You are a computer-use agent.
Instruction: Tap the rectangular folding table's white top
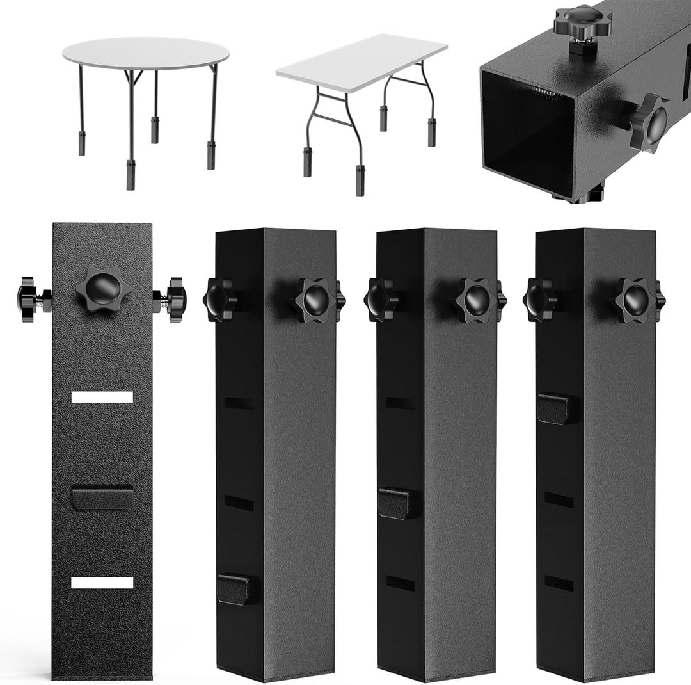click(361, 63)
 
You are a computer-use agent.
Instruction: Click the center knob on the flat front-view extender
click(103, 289)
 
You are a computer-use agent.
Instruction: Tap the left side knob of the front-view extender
click(28, 299)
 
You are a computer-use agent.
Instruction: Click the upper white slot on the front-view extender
click(102, 397)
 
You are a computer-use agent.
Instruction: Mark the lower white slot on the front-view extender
click(102, 583)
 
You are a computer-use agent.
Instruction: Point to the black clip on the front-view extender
click(102, 497)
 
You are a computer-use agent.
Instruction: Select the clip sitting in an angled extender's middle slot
click(394, 503)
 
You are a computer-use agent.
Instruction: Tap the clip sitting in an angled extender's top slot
click(553, 408)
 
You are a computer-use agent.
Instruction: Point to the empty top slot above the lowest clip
click(239, 403)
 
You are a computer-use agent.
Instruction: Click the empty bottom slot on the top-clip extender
click(559, 583)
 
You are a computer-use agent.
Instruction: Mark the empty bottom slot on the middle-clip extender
click(399, 583)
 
